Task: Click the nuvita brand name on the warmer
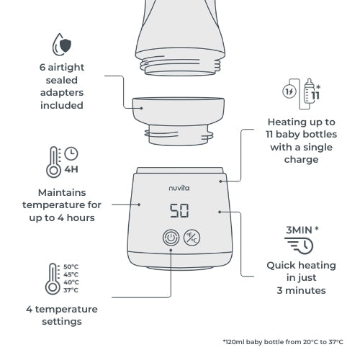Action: [179, 188]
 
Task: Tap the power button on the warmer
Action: [171, 238]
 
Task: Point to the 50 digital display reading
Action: [179, 210]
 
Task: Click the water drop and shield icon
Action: [62, 45]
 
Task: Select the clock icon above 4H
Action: [71, 153]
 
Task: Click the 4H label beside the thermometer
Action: [71, 169]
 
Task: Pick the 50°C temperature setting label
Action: [71, 266]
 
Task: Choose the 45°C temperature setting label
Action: [71, 274]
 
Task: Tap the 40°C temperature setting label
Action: [71, 282]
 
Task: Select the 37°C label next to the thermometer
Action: [71, 290]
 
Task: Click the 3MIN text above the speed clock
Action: [299, 230]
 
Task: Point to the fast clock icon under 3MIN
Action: [299, 246]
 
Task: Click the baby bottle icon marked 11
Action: [312, 91]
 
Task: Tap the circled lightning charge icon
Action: [289, 91]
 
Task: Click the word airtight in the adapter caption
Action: [66, 68]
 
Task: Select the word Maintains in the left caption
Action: [62, 192]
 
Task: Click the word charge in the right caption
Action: [302, 160]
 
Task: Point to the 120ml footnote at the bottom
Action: [283, 342]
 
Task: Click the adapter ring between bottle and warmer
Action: [179, 121]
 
